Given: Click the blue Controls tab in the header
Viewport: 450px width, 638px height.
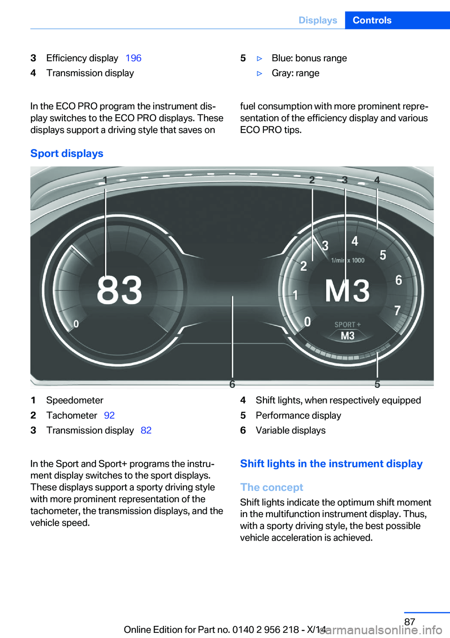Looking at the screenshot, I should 372,20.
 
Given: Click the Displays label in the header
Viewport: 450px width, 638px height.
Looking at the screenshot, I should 318,20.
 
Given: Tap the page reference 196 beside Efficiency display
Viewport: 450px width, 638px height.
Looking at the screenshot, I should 133,58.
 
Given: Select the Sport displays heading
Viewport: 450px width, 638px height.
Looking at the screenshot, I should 67,154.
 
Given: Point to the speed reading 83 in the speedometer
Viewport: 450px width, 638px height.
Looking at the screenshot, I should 119,290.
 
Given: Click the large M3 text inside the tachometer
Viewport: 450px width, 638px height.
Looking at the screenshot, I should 347,291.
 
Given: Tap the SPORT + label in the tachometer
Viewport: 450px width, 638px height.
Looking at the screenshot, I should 347,325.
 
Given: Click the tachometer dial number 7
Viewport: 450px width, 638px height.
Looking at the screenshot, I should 397,311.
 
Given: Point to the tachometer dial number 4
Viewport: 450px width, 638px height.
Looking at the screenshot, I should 355,241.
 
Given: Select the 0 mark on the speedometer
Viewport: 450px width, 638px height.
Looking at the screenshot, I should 76,324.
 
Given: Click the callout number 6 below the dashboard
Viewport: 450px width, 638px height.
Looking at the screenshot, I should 232,384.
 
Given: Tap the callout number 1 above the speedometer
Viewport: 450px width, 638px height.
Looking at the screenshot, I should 105,180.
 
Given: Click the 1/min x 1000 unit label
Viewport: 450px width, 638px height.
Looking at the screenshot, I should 348,260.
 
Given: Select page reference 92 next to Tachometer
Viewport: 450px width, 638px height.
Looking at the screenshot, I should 109,415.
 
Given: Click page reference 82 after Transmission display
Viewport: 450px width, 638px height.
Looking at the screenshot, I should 146,430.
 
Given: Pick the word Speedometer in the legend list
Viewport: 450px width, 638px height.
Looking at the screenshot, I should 75,401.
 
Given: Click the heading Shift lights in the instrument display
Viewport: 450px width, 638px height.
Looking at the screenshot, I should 331,464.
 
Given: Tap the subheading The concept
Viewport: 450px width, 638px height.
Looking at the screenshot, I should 271,488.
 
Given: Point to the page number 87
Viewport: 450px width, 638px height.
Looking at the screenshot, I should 409,622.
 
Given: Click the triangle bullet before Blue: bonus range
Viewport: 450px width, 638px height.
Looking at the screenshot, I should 260,59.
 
